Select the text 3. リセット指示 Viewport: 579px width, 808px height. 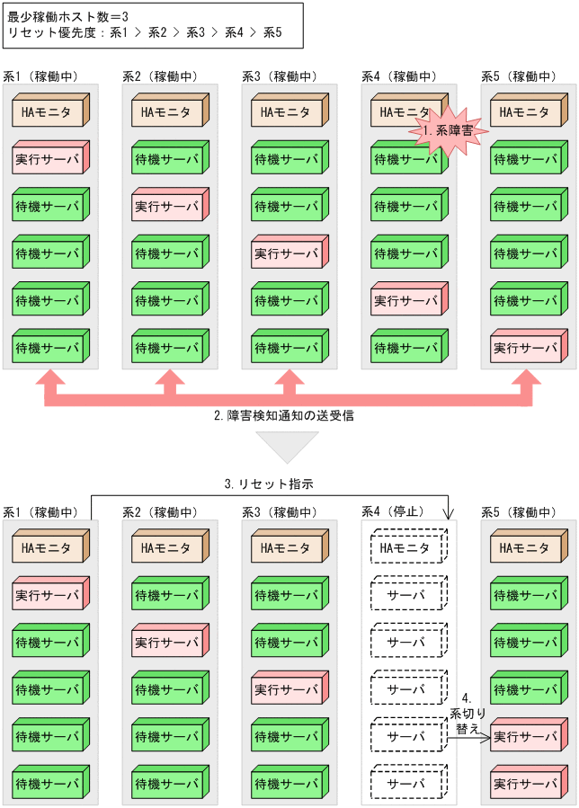click(269, 484)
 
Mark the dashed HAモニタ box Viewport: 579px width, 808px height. click(408, 547)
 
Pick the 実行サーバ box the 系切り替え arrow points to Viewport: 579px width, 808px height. click(528, 737)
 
